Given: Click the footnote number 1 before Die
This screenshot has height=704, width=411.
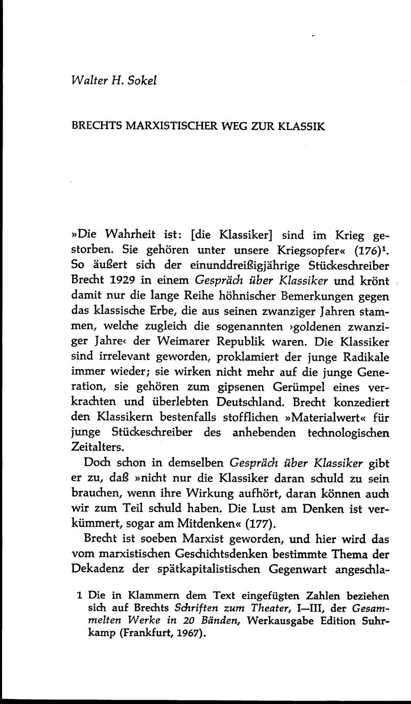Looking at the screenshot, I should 79,595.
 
